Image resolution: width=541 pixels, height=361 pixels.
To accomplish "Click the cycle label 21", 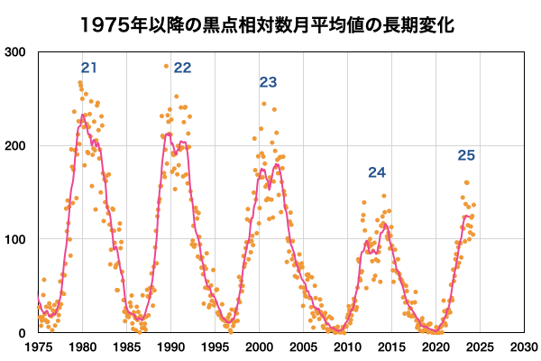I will point(88,68).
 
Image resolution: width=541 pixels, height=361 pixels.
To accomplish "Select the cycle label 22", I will point(183,68).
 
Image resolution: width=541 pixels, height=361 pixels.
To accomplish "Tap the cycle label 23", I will point(268,82).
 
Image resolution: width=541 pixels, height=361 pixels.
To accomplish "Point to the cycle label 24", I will point(377,172).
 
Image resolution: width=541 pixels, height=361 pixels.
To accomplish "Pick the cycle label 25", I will point(466,156).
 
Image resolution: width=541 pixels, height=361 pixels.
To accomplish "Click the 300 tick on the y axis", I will point(16,52).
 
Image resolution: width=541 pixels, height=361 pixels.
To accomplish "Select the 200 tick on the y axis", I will point(16,145).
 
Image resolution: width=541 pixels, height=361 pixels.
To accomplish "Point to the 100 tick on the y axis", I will point(16,239).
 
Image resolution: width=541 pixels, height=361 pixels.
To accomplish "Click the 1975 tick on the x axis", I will point(38,347).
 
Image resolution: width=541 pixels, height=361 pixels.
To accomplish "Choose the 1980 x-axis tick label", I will point(82,347).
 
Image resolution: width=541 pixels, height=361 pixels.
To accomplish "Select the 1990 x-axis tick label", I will point(170,347).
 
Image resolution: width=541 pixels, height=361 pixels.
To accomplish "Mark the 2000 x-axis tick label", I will point(259,347).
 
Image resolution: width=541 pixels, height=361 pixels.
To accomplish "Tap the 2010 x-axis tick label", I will point(347,347).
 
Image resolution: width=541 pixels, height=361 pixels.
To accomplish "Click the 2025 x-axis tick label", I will point(479,347).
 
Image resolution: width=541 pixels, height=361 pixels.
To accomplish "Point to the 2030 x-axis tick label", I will point(523,347).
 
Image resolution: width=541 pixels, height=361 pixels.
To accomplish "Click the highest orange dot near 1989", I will point(166,66).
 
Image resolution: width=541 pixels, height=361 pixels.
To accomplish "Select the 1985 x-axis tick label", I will point(126,347).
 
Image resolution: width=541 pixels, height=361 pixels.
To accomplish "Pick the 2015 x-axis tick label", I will point(391,347).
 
